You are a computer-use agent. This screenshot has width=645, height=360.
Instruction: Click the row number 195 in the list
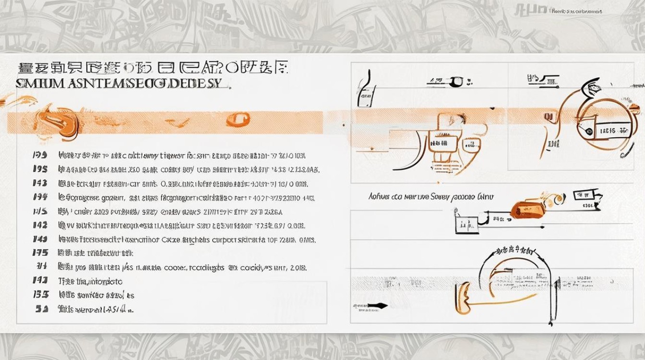[x=40, y=169]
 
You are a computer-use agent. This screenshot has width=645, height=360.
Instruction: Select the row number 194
[x=40, y=197]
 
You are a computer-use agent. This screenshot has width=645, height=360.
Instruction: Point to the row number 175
[x=40, y=252]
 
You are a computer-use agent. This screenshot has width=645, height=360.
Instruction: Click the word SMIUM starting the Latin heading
[x=33, y=84]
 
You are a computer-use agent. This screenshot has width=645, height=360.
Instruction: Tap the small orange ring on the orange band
[x=238, y=119]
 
